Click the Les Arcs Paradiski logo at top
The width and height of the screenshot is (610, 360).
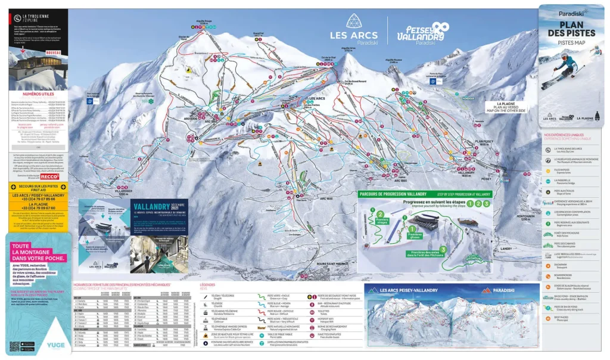[353, 30]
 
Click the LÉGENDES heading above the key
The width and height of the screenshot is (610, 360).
[207, 285]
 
